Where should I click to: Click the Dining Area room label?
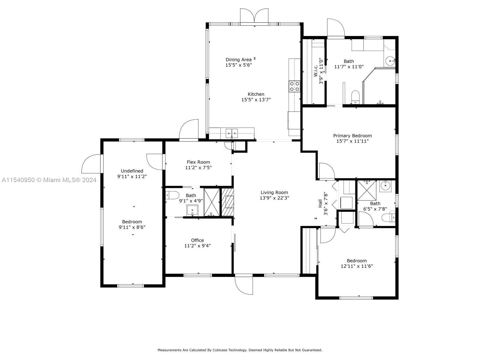click(238, 59)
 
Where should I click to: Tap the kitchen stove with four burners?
click(294, 86)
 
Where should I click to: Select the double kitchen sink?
click(232, 133)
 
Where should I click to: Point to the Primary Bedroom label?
click(352, 136)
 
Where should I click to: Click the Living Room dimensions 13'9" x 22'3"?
click(274, 198)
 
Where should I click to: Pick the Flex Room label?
click(198, 162)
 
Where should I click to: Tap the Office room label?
click(197, 240)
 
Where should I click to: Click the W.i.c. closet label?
click(316, 70)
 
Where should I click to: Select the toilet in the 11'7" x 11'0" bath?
click(355, 97)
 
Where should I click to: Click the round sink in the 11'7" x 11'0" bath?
click(390, 61)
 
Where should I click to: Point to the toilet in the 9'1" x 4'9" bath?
click(172, 195)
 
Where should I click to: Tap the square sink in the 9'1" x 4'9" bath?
click(192, 210)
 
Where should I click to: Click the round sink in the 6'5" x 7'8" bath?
click(385, 186)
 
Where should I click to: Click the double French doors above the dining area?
click(254, 15)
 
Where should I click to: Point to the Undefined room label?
click(132, 171)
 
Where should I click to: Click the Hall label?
click(320, 203)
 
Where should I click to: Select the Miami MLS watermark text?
click(49, 180)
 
